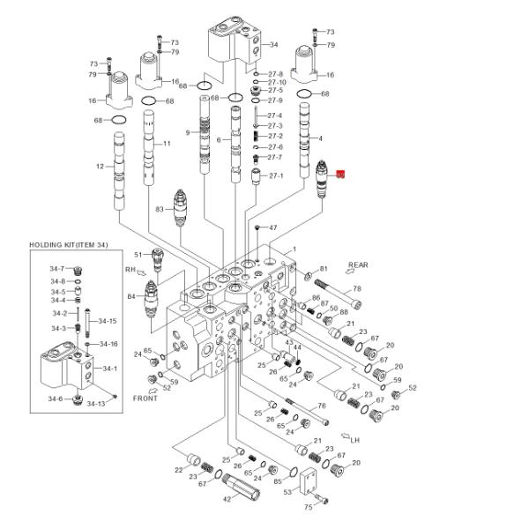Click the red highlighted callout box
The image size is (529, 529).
[341, 176]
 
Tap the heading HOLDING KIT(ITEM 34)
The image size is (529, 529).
[69, 244]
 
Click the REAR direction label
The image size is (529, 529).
[358, 264]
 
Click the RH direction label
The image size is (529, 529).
[130, 269]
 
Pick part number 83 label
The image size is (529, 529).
[160, 209]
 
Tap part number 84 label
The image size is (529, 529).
[131, 296]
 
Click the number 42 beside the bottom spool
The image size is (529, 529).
[226, 499]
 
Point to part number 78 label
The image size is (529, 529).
[356, 288]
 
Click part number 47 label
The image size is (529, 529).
[272, 227]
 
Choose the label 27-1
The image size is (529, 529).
[276, 175]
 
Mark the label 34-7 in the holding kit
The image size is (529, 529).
[57, 268]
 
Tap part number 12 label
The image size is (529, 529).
[100, 167]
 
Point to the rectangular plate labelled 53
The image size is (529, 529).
[309, 482]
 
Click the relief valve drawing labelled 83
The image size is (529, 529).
[181, 206]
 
